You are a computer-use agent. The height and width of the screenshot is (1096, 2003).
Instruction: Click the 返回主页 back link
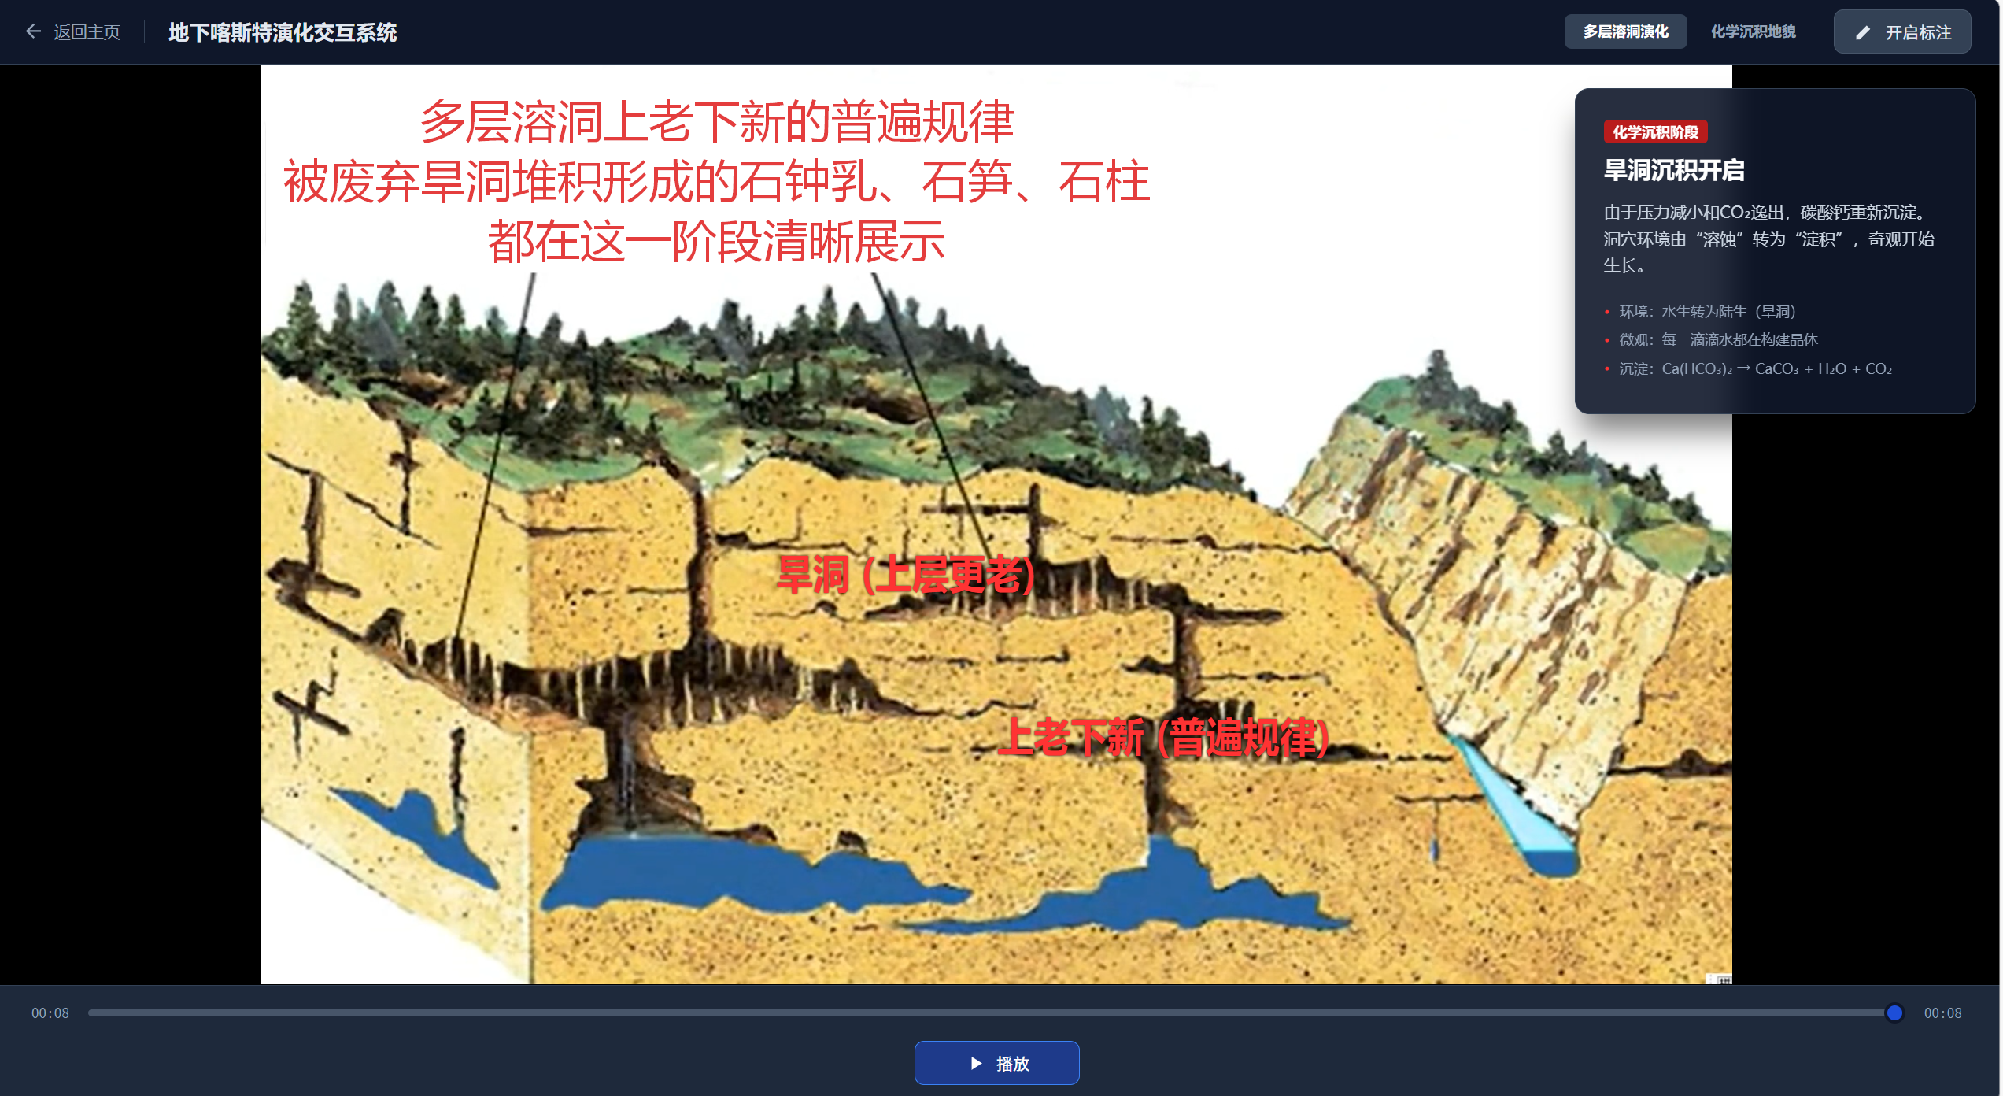click(73, 32)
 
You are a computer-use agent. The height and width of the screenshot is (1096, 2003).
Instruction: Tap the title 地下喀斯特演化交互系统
click(283, 32)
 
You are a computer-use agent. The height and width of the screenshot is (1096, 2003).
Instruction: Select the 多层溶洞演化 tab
click(1625, 31)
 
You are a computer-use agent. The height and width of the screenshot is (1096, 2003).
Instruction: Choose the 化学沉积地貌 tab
click(1753, 31)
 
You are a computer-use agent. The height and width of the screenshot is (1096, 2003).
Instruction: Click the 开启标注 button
click(1901, 32)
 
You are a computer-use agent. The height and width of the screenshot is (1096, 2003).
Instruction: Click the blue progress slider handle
click(1894, 1013)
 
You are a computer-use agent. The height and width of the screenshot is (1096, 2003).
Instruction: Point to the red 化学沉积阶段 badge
click(1655, 132)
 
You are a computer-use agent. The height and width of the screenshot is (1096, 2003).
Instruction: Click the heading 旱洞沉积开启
click(1674, 170)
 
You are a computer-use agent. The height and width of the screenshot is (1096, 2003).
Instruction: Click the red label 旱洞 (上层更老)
click(905, 575)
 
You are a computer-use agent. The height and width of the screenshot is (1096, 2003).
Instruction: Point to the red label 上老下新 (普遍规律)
click(1163, 738)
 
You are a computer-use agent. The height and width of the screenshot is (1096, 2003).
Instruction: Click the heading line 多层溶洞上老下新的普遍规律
click(717, 122)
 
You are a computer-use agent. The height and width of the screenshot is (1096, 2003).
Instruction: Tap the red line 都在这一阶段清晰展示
click(716, 242)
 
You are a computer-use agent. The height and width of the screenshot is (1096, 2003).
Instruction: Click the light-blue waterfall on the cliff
click(1511, 803)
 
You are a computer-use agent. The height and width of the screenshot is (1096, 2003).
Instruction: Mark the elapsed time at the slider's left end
click(50, 1013)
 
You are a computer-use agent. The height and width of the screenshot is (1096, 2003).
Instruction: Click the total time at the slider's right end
click(1942, 1013)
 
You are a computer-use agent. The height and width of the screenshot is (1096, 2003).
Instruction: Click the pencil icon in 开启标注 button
click(1862, 33)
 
